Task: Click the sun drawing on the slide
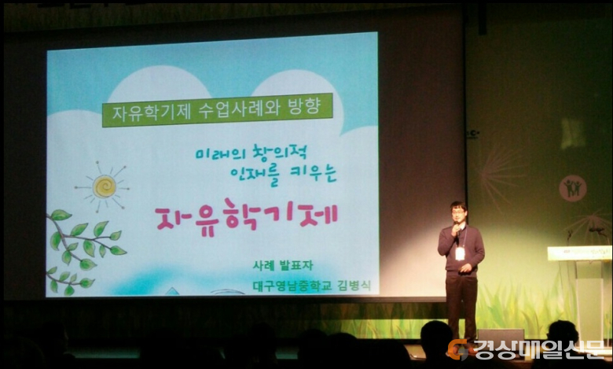pyautogui.click(x=104, y=187)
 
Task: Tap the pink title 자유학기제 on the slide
pyautogui.click(x=246, y=218)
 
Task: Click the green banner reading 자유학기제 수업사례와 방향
pyautogui.click(x=218, y=109)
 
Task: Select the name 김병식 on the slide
pyautogui.click(x=354, y=286)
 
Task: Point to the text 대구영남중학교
pyautogui.click(x=292, y=286)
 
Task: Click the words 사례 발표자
pyautogui.click(x=283, y=266)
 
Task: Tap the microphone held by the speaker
pyautogui.click(x=457, y=227)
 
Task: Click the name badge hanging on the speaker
pyautogui.click(x=460, y=253)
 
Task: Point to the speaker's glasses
pyautogui.click(x=457, y=212)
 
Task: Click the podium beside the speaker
pyautogui.click(x=580, y=290)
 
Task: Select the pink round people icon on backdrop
pyautogui.click(x=572, y=188)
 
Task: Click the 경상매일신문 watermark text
pyautogui.click(x=538, y=349)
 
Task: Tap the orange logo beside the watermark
pyautogui.click(x=459, y=349)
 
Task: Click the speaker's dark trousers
pyautogui.click(x=461, y=306)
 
